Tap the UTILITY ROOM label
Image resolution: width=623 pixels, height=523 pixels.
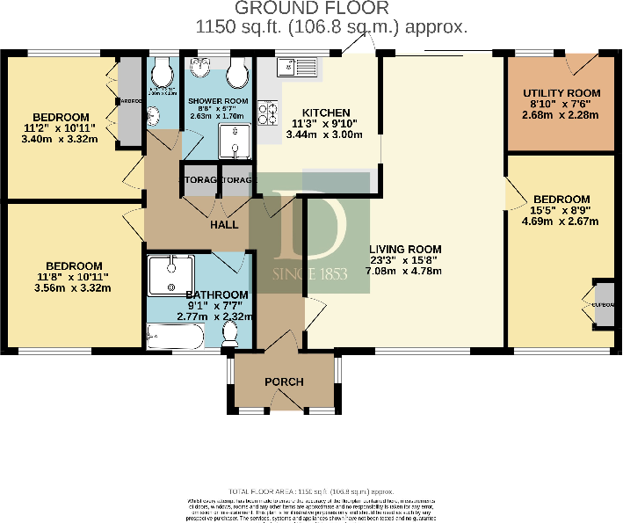point(561,93)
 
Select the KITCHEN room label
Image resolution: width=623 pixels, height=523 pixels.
point(326,113)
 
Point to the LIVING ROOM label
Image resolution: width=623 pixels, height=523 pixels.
point(405,250)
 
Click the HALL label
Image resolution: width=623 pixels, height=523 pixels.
point(224,225)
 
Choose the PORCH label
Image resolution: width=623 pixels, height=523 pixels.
point(284,381)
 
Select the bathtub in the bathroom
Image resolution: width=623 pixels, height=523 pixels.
point(177,336)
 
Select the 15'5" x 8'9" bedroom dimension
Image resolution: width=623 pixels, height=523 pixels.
point(561,212)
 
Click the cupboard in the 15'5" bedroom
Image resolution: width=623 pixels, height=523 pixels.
point(604,304)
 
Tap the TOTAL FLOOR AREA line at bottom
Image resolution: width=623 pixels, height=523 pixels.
point(310,491)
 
